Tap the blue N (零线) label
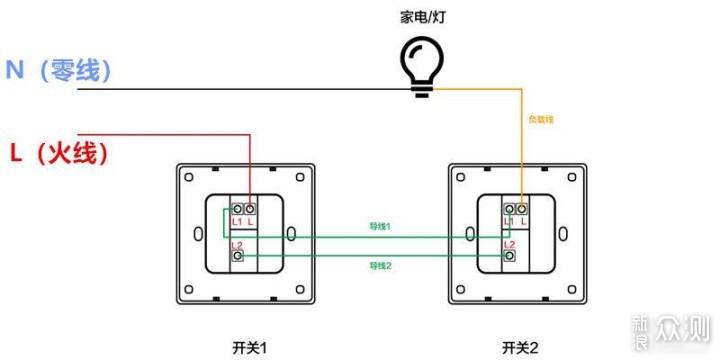pyautogui.click(x=58, y=70)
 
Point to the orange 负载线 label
pyautogui.click(x=540, y=119)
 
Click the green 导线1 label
pyautogui.click(x=380, y=227)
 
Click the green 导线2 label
pyautogui.click(x=380, y=265)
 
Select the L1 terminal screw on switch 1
pyautogui.click(x=237, y=209)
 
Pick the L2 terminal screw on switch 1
pyautogui.click(x=237, y=256)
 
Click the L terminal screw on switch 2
pyautogui.click(x=522, y=209)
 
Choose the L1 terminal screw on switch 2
pyautogui.click(x=509, y=209)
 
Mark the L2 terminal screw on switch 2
pyautogui.click(x=509, y=256)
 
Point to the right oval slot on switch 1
pyautogui.click(x=291, y=234)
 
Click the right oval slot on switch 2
pyautogui.click(x=563, y=234)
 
